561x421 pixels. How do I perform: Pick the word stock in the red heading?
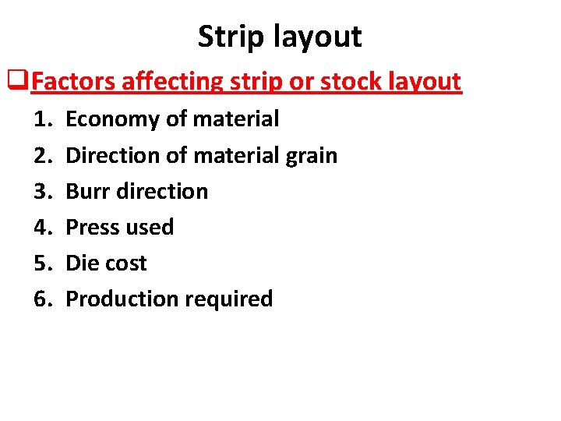[x=354, y=80]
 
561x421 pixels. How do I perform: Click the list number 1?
[x=43, y=119]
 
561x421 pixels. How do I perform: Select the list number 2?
[x=43, y=155]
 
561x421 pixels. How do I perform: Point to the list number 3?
[x=43, y=191]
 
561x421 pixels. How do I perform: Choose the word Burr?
[x=87, y=191]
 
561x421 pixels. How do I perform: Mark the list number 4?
[x=43, y=227]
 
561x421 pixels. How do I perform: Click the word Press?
[x=92, y=227]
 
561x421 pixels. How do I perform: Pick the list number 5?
[x=43, y=263]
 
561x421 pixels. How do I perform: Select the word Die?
[x=82, y=263]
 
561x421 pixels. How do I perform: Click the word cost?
[x=125, y=263]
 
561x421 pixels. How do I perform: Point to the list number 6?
[x=43, y=299]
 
